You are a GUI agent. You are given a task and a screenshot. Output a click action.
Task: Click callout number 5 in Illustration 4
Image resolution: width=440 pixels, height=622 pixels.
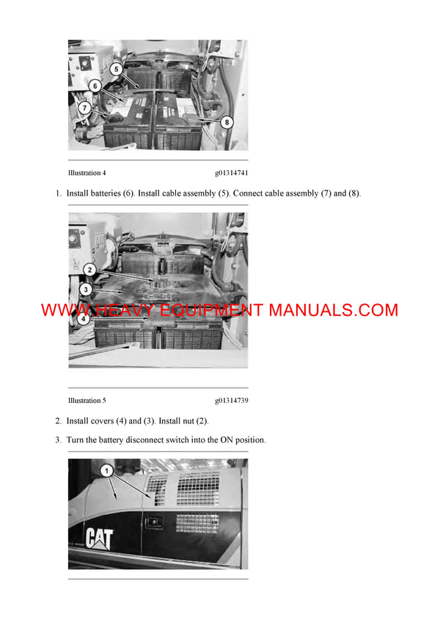(116, 69)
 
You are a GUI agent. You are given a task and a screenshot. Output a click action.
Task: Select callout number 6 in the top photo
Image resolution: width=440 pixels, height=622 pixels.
(95, 86)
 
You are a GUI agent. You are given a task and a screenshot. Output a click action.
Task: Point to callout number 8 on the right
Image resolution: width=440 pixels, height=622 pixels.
(227, 122)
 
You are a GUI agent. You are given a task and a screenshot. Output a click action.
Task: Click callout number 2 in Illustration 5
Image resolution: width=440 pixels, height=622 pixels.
(89, 270)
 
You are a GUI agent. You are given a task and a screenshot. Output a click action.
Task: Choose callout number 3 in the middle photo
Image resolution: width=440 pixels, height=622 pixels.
(85, 289)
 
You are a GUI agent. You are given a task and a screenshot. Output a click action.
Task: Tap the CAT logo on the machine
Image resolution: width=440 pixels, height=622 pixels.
(99, 538)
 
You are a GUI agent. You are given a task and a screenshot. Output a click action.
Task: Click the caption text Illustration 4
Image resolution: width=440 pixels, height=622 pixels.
(87, 174)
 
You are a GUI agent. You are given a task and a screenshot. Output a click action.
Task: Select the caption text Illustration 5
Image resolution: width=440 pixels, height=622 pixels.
(87, 401)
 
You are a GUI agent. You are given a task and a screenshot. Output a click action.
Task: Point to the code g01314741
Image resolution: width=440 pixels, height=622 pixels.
(232, 174)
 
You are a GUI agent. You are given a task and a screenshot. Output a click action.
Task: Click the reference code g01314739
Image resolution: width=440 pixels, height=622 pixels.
(232, 401)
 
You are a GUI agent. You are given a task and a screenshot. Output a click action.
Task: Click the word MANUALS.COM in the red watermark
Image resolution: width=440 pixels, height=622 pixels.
(333, 310)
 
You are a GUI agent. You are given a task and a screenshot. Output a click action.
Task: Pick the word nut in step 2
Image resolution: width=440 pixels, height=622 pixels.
(191, 421)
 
